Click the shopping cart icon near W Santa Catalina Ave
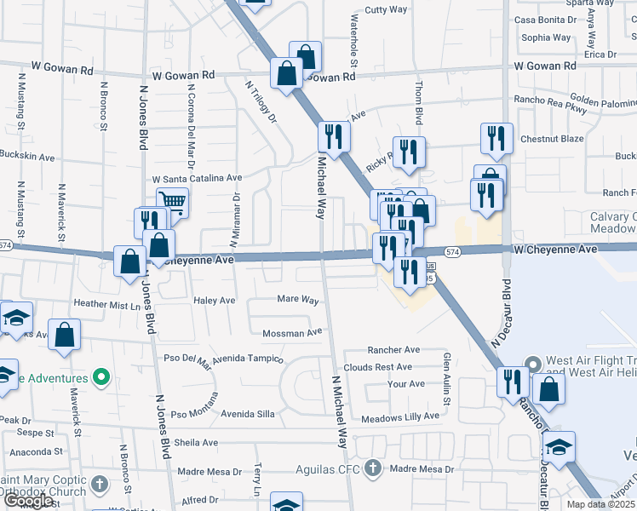click(173, 203)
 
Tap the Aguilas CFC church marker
click(371, 468)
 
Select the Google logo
click(29, 501)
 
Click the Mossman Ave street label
click(292, 332)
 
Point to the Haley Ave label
click(214, 301)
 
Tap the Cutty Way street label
click(386, 9)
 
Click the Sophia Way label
click(546, 37)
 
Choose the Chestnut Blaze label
click(552, 139)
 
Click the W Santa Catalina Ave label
click(197, 179)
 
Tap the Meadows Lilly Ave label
click(400, 416)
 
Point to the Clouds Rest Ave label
click(377, 367)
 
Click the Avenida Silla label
click(248, 414)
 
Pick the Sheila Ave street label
click(196, 443)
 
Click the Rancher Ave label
click(393, 350)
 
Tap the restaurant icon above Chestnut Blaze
click(496, 139)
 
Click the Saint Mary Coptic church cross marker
click(100, 485)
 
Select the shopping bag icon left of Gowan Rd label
click(287, 73)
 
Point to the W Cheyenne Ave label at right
click(554, 250)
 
